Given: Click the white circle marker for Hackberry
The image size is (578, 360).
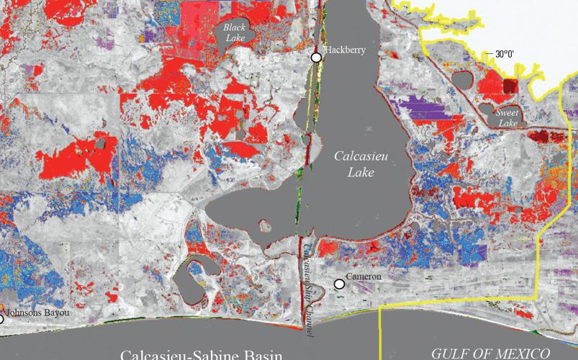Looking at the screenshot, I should (315, 58).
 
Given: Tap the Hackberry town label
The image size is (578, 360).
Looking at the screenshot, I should (346, 50).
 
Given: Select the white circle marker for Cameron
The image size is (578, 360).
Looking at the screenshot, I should (339, 284).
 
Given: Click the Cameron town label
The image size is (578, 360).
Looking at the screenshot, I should (363, 276).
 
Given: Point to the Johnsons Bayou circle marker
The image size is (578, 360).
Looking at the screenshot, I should (1, 319).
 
